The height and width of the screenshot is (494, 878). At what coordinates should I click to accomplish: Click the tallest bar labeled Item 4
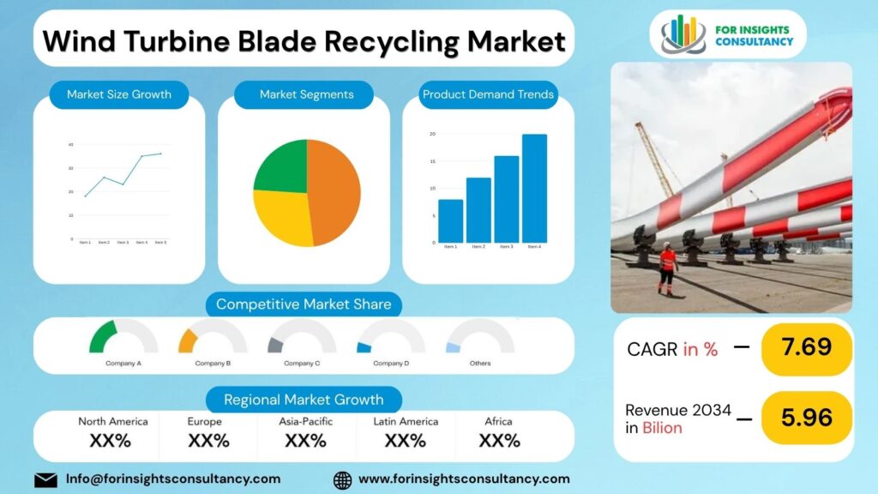(x=534, y=189)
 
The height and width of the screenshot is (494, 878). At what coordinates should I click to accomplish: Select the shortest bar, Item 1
(x=450, y=221)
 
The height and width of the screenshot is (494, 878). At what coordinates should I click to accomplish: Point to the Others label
(x=480, y=364)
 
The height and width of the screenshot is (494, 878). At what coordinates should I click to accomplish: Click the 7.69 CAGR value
(x=806, y=347)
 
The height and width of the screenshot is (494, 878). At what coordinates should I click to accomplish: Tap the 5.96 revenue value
(x=806, y=418)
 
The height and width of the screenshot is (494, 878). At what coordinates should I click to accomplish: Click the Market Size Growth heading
(x=119, y=94)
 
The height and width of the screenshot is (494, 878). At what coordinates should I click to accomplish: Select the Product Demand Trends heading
(x=488, y=94)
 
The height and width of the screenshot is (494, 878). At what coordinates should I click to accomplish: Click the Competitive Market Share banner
(x=304, y=304)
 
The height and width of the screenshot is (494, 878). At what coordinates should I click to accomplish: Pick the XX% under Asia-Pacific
(x=305, y=441)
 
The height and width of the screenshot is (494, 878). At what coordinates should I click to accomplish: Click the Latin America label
(x=406, y=421)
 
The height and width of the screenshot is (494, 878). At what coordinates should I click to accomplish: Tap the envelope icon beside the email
(x=45, y=479)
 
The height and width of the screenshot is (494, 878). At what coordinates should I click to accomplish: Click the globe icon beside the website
(x=342, y=479)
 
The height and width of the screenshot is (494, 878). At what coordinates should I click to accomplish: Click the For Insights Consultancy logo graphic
(x=683, y=34)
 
